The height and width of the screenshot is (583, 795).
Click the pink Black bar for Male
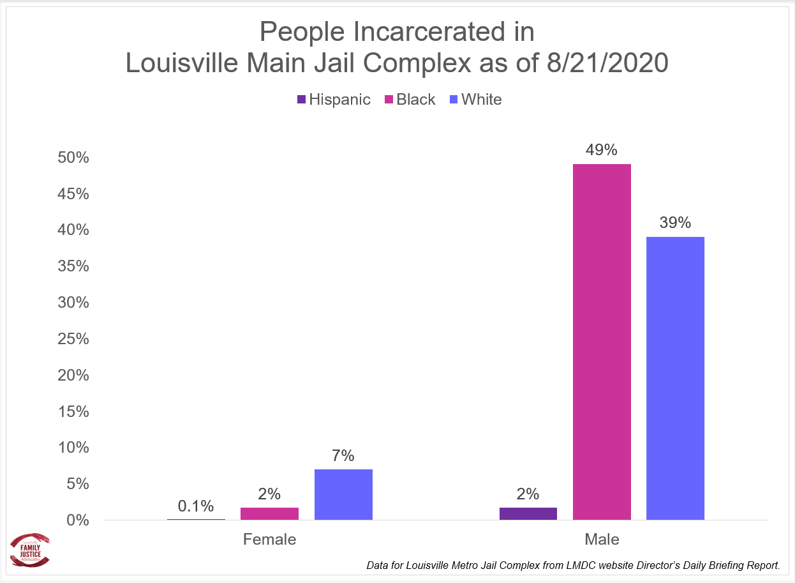tap(602, 342)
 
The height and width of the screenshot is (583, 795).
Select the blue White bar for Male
tap(675, 378)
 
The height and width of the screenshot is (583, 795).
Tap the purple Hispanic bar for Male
tap(528, 513)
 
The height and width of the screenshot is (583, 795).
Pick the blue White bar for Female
tap(343, 494)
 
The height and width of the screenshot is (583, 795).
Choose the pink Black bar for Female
tap(270, 513)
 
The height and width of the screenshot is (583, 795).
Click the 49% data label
tap(602, 150)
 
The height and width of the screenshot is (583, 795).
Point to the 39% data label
tap(675, 223)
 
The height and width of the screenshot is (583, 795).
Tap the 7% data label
tap(343, 455)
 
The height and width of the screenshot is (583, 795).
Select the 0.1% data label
tap(196, 506)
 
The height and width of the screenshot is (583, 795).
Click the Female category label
tap(269, 540)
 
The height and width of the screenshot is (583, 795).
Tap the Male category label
tap(602, 540)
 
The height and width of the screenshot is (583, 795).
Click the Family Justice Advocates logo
tap(31, 549)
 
